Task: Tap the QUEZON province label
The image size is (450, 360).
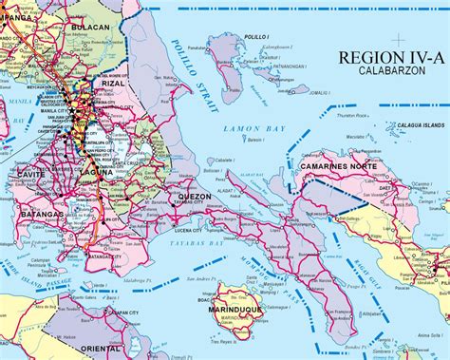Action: click(194, 198)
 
